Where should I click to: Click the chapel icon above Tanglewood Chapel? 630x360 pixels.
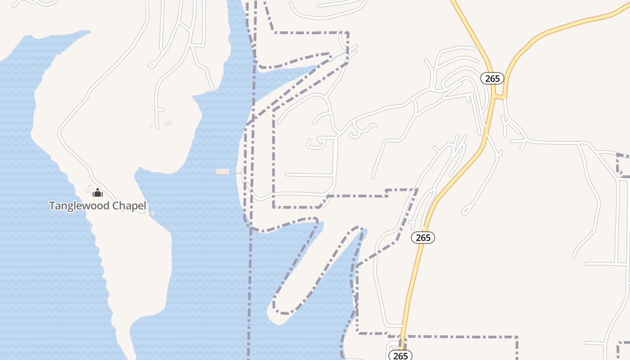click(x=97, y=193)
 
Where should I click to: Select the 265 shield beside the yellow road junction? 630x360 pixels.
click(x=492, y=78)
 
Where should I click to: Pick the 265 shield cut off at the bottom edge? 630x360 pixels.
click(x=400, y=355)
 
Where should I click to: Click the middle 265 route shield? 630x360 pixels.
click(x=423, y=238)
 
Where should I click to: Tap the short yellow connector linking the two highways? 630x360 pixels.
click(x=499, y=97)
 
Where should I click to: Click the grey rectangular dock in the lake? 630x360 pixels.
click(x=222, y=171)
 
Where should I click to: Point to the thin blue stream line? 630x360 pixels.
click(x=338, y=56)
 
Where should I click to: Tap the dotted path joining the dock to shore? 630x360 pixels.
click(x=236, y=172)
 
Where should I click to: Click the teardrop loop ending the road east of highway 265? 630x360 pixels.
click(x=467, y=210)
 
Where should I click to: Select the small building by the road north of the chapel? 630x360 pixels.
click(x=168, y=123)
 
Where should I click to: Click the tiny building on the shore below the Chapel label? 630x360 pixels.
click(x=153, y=213)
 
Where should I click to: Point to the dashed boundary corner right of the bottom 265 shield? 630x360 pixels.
click(x=517, y=337)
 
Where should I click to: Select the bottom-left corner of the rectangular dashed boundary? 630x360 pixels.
click(x=274, y=207)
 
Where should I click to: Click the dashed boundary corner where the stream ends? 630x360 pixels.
click(x=347, y=52)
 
